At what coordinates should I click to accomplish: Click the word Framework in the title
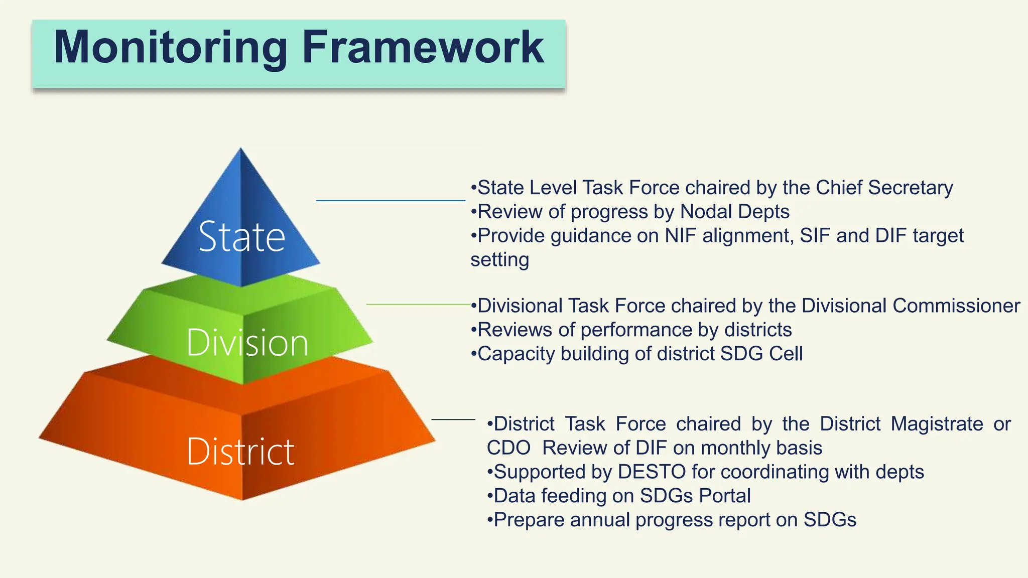point(423,47)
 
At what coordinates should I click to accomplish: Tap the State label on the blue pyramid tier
point(241,236)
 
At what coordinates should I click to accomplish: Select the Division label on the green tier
point(247,343)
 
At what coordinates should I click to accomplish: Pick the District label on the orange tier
point(240,452)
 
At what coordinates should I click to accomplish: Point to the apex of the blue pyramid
point(240,150)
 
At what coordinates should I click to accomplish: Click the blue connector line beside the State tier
point(390,201)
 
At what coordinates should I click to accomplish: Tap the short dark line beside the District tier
point(453,419)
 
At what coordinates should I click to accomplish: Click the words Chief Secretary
point(884,188)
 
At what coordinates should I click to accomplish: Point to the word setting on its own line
point(499,260)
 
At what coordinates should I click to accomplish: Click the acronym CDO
point(508,448)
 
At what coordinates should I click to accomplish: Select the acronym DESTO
point(652,472)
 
